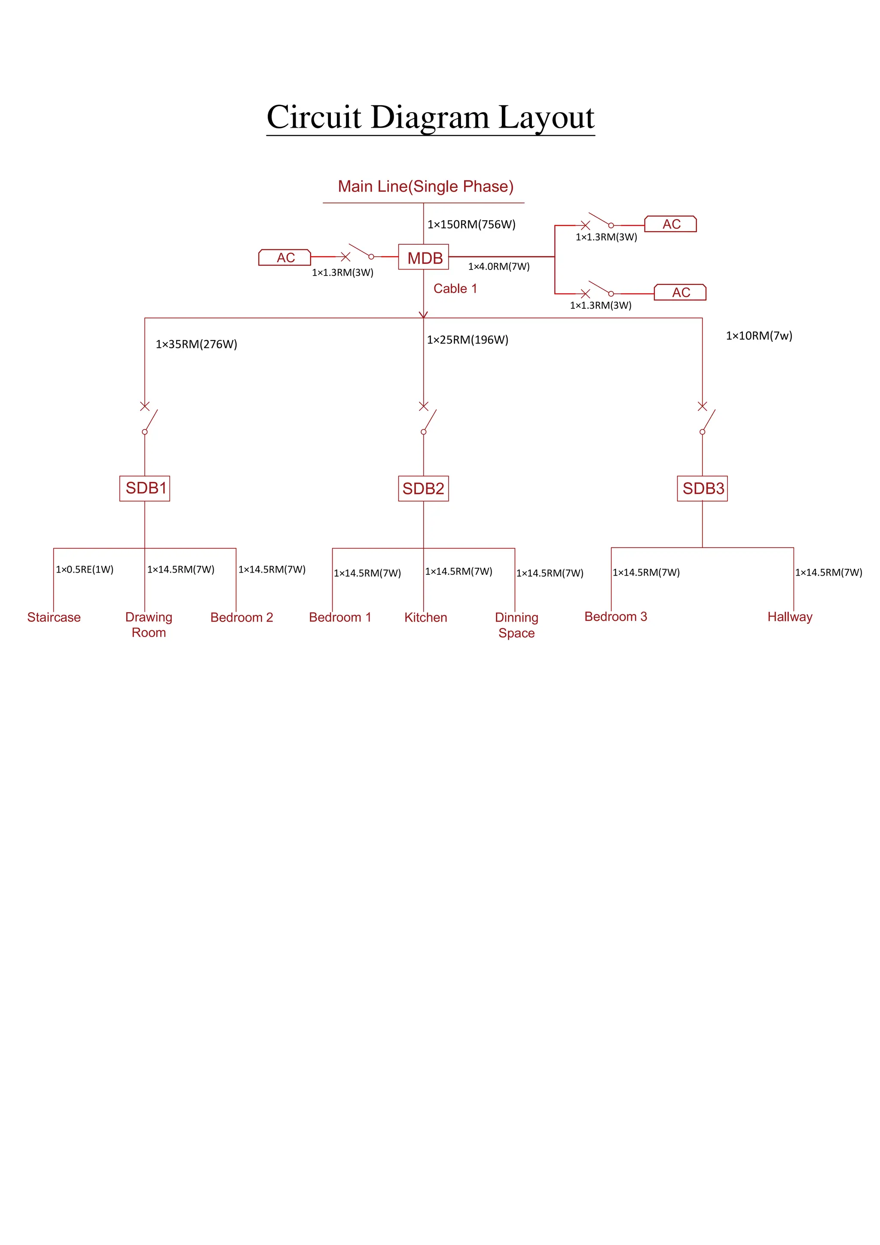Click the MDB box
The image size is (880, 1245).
423,258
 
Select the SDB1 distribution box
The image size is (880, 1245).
145,488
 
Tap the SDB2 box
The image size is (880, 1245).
423,488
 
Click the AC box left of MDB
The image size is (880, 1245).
285,258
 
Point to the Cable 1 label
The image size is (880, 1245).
455,288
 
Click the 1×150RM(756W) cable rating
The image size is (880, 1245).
471,224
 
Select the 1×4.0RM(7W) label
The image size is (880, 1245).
498,266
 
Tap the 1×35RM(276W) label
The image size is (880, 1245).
196,344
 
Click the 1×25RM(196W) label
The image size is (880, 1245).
467,340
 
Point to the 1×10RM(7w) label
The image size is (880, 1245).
759,336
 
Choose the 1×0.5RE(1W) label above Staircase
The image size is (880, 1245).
85,569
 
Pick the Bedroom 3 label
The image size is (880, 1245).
616,616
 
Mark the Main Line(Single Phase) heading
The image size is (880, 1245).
425,186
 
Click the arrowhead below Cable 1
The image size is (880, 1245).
423,315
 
